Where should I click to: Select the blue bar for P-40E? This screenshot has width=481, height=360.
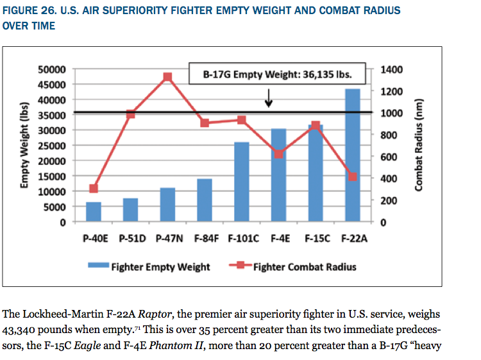94,212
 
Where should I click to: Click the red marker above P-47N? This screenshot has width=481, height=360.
167,77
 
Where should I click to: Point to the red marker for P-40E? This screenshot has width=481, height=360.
94,189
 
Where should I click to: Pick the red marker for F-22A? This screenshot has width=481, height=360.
352,176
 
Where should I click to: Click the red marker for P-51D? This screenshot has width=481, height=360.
130,114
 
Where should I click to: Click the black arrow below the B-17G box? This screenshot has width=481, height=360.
269,98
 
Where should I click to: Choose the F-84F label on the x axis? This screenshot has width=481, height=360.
204,238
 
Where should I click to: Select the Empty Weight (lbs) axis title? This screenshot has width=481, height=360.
25,144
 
